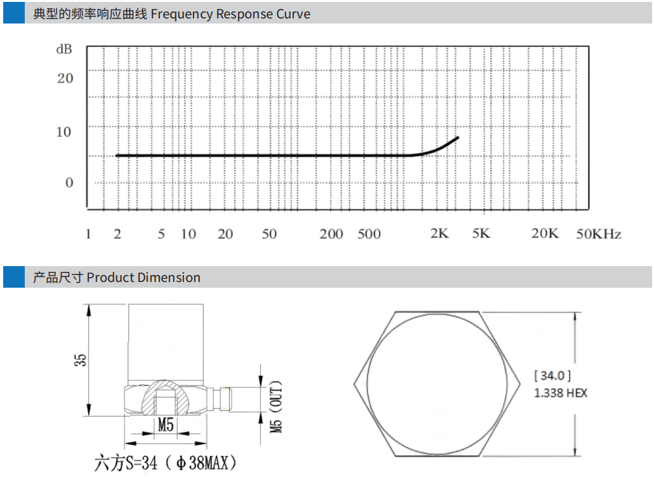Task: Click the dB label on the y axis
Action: (64, 50)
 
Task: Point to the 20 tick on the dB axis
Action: (65, 78)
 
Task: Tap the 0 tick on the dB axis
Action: (69, 182)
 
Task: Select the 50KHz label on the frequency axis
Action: (599, 234)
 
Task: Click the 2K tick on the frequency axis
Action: (439, 233)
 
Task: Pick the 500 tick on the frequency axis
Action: (369, 234)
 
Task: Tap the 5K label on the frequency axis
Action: (481, 233)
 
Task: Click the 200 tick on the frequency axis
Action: (331, 234)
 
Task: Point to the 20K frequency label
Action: (545, 233)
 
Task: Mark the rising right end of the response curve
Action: (458, 137)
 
